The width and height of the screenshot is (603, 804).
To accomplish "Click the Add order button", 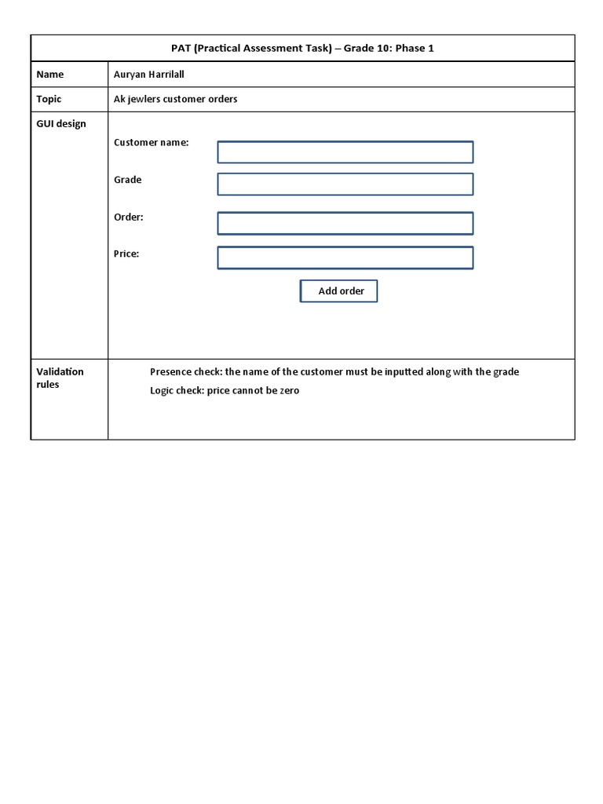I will [338, 291].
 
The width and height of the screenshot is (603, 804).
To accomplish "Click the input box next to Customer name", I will [345, 152].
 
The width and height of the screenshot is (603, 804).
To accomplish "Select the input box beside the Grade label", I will [345, 185].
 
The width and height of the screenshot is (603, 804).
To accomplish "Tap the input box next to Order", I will [345, 223].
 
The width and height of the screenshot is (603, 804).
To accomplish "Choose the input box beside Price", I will [345, 258].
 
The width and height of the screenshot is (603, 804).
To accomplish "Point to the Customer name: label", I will [152, 143].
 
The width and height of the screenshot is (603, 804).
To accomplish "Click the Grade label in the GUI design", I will [128, 180].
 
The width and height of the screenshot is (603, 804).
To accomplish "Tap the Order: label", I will [129, 217].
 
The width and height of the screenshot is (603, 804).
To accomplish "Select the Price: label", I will [126, 254].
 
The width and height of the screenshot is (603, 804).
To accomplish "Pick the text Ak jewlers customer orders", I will [176, 100].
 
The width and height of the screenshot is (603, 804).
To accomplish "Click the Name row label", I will [50, 75].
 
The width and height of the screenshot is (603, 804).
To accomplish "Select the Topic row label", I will [49, 100].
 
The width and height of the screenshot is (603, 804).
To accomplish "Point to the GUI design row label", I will [61, 124].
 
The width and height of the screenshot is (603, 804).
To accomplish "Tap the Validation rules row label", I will [60, 378].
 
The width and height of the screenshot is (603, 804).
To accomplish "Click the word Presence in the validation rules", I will [170, 372].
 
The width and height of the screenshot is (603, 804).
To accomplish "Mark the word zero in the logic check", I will [288, 390].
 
